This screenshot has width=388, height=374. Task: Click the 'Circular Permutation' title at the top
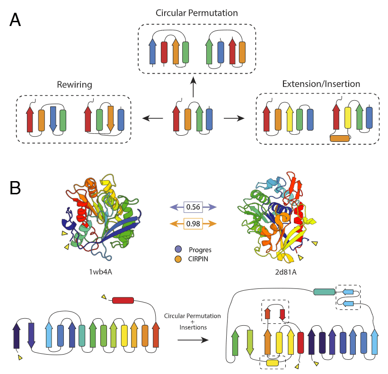coord(197,13)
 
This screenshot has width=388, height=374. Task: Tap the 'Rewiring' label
coord(74,85)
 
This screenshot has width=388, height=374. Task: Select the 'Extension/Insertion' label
coord(321,84)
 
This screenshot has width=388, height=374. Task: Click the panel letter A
coord(15,20)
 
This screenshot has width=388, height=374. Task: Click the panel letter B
coord(15,188)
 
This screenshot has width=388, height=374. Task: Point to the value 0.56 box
coord(193,207)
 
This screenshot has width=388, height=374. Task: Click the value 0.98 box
coord(193,224)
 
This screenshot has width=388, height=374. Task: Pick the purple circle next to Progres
coord(178,249)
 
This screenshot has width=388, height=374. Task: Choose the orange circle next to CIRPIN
coord(178,259)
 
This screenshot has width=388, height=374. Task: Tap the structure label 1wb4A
coord(101,272)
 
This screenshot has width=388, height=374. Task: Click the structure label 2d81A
coord(286,272)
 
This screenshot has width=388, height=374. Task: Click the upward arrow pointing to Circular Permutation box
coord(193,87)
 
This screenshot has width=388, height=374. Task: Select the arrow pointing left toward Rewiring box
coord(153,118)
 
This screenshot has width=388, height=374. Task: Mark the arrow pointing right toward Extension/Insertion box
coord(234,118)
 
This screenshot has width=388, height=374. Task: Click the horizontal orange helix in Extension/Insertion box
coord(340,139)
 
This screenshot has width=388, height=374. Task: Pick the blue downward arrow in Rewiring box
coord(53,119)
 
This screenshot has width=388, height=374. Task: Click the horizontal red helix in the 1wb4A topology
coord(123,300)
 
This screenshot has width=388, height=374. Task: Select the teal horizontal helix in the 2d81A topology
coord(324,292)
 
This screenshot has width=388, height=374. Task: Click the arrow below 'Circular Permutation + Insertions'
coord(193,340)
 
